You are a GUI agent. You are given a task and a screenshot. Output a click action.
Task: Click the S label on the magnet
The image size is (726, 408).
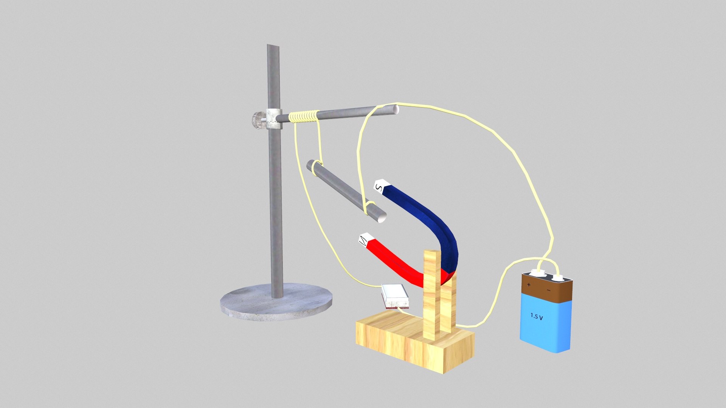point(379,187)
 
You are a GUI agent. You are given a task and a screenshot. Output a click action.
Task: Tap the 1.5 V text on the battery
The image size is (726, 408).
point(537,316)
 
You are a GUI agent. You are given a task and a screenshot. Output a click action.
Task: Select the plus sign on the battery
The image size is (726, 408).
point(529,284)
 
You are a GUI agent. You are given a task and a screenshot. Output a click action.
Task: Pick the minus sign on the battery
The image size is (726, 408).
point(549,290)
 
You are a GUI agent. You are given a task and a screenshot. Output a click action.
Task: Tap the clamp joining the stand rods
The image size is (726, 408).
point(273,119)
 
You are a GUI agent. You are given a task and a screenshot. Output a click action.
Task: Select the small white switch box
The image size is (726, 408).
point(395,296)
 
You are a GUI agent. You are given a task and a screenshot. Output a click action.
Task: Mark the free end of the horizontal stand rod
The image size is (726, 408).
point(393,109)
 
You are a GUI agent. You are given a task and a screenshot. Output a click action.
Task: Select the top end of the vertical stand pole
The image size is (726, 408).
point(273,47)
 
